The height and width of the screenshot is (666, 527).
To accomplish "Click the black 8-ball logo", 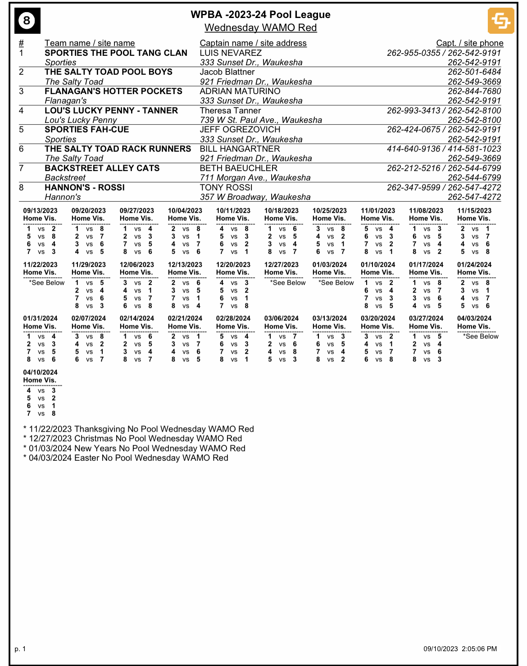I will [x=27, y=21].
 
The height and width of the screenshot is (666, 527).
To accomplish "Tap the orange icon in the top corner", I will [x=501, y=21].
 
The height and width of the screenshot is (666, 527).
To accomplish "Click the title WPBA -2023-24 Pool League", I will [x=260, y=15].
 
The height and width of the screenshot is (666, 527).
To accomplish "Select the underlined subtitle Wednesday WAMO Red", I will [x=260, y=28].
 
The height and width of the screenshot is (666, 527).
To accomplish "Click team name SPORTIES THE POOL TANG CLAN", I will [x=116, y=53].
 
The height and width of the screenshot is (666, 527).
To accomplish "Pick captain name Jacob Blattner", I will [x=227, y=72].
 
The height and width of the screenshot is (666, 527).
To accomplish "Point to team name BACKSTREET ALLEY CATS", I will [x=102, y=168].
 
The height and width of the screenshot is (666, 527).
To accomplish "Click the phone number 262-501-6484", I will [x=474, y=72].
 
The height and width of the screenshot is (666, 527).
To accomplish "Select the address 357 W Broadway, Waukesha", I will [x=255, y=197].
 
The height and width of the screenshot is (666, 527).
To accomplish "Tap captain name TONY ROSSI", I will [x=226, y=188].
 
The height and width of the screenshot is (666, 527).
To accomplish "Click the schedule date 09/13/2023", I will [x=41, y=211].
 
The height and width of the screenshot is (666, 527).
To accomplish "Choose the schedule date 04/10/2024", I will [x=41, y=373].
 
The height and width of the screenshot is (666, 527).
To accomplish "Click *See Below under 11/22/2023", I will [x=47, y=283].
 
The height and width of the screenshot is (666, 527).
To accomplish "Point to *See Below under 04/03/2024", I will [x=481, y=337].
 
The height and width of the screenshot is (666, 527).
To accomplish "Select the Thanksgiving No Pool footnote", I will [x=139, y=429].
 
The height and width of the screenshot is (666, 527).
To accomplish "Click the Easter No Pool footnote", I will [x=126, y=458].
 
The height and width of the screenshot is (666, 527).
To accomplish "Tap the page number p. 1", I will [x=20, y=649].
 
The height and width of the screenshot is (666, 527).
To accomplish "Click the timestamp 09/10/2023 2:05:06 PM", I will [x=460, y=649].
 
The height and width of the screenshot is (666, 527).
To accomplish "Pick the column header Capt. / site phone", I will [x=469, y=43].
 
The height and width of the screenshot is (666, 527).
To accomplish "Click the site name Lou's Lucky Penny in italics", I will [x=81, y=120].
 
